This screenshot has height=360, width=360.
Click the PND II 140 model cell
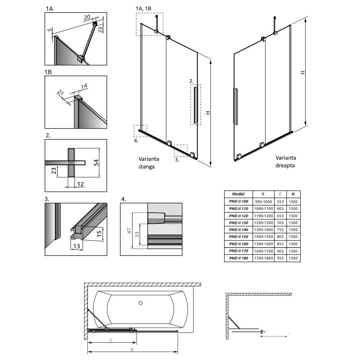[x=239, y=230]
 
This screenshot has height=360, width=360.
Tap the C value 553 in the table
[x=280, y=201]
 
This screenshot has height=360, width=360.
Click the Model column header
[x=238, y=194]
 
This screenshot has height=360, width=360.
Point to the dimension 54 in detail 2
[x=97, y=162]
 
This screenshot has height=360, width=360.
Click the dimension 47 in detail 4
[x=129, y=231]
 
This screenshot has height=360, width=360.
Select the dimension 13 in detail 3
[x=77, y=246]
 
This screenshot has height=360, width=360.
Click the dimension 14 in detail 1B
[x=84, y=86]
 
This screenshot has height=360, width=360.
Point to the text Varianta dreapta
[x=286, y=162]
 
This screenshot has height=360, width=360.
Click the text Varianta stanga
[x=149, y=163]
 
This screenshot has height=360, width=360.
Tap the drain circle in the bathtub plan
[x=140, y=303]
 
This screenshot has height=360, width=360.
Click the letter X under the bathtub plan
[x=132, y=350]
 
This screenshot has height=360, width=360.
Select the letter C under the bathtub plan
[x=111, y=340]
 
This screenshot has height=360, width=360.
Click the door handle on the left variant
[x=196, y=105]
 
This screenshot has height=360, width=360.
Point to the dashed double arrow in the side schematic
[x=274, y=337]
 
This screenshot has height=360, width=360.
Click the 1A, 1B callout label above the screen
[x=143, y=8]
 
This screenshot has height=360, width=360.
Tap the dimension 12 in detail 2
[x=80, y=184]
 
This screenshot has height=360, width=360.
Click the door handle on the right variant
[x=236, y=106]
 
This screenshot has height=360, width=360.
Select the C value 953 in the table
[x=280, y=258]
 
